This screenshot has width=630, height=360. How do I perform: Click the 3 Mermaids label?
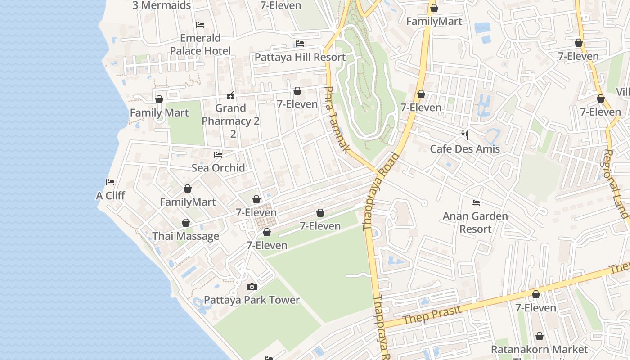click(x=162, y=5)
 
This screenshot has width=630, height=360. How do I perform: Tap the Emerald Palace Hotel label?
click(x=200, y=44)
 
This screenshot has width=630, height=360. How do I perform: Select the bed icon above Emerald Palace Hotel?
click(x=200, y=25)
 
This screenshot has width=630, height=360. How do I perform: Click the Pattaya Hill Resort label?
click(x=300, y=57)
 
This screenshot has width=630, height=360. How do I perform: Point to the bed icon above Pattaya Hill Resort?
click(x=300, y=44)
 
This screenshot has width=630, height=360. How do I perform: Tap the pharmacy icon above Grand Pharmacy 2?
click(x=231, y=95)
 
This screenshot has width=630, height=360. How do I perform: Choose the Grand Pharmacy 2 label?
click(x=231, y=121)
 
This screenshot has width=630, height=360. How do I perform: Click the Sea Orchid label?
click(x=218, y=168)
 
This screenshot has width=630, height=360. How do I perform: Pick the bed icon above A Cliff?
click(x=110, y=182)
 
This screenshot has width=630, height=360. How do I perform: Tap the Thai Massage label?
click(x=186, y=236)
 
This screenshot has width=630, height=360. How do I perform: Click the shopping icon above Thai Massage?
click(x=186, y=223)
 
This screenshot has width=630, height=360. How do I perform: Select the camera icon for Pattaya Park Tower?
click(x=252, y=287)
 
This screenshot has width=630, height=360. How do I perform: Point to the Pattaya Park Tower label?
click(x=252, y=300)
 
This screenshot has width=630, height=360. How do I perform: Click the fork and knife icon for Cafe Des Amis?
click(x=465, y=135)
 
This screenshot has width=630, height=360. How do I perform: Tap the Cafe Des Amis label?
click(x=465, y=149)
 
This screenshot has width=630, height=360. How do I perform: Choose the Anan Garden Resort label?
click(x=475, y=222)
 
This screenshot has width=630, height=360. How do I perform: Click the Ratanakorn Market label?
click(x=539, y=350)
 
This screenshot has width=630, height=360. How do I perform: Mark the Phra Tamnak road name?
click(x=336, y=119)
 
